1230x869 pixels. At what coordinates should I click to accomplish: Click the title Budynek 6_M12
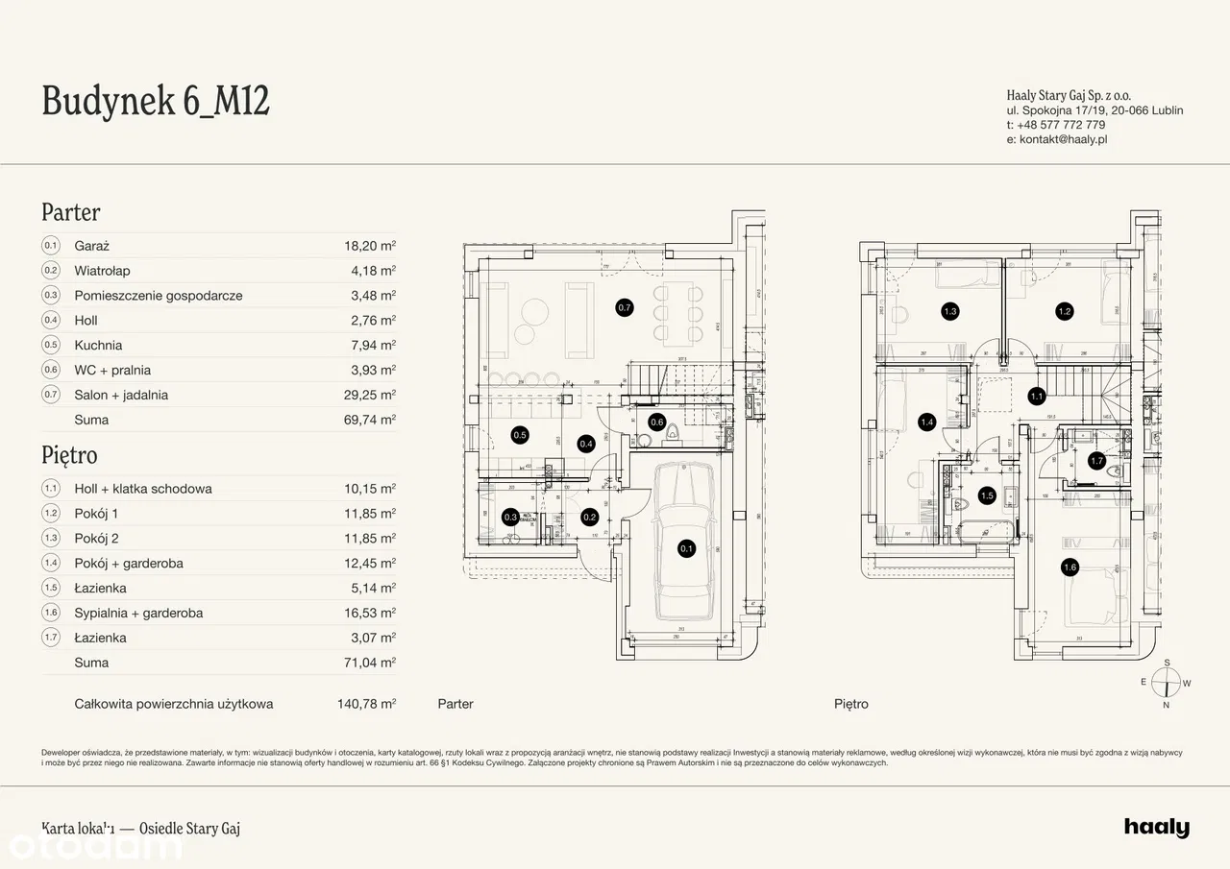tap(156, 101)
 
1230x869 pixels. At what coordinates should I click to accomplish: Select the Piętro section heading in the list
tap(69, 454)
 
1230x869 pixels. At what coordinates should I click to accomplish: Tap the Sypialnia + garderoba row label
tap(138, 613)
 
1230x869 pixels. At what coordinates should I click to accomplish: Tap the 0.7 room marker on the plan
tap(625, 308)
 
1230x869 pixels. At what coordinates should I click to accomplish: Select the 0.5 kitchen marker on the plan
tap(519, 435)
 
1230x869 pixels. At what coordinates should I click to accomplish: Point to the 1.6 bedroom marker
tap(1070, 567)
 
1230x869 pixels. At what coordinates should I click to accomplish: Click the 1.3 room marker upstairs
tap(950, 311)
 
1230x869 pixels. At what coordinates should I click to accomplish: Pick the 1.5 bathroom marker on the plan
tap(987, 495)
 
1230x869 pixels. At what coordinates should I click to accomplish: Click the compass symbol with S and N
tap(1167, 684)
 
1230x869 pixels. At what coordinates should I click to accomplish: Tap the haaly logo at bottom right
tap(1156, 828)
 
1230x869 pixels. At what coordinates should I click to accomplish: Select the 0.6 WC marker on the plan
tap(657, 422)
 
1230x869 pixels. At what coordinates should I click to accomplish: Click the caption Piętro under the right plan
tap(851, 704)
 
